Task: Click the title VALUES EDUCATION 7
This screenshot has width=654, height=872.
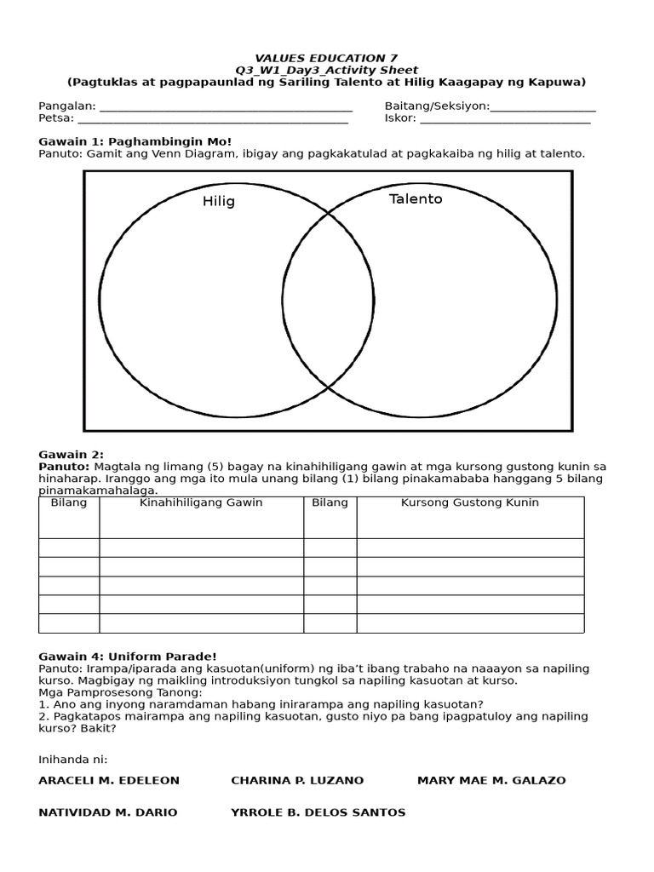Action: pyautogui.click(x=326, y=58)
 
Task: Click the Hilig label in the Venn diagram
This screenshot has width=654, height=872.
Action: pyautogui.click(x=219, y=202)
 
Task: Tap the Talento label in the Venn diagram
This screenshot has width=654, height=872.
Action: pyautogui.click(x=416, y=199)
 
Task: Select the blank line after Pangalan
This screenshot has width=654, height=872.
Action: pyautogui.click(x=226, y=108)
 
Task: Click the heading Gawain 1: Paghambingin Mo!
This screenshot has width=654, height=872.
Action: pyautogui.click(x=135, y=141)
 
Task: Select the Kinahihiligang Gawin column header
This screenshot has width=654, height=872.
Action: pyautogui.click(x=201, y=502)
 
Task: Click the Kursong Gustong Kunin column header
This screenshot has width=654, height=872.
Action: pyautogui.click(x=470, y=502)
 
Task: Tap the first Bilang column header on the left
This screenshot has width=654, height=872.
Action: pyautogui.click(x=69, y=502)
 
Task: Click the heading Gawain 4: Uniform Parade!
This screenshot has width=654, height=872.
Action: pyautogui.click(x=128, y=656)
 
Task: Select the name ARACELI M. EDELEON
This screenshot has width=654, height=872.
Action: pyautogui.click(x=109, y=780)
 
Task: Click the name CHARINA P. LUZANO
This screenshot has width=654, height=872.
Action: pyautogui.click(x=297, y=780)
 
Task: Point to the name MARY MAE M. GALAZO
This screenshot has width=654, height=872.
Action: pyautogui.click(x=491, y=780)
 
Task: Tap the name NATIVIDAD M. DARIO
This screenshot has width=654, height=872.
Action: pyautogui.click(x=108, y=812)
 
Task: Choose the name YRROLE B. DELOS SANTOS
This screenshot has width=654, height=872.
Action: pyautogui.click(x=318, y=812)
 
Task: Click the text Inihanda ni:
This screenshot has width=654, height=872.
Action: pyautogui.click(x=73, y=759)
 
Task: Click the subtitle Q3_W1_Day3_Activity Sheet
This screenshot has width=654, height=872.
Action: pyautogui.click(x=326, y=70)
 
